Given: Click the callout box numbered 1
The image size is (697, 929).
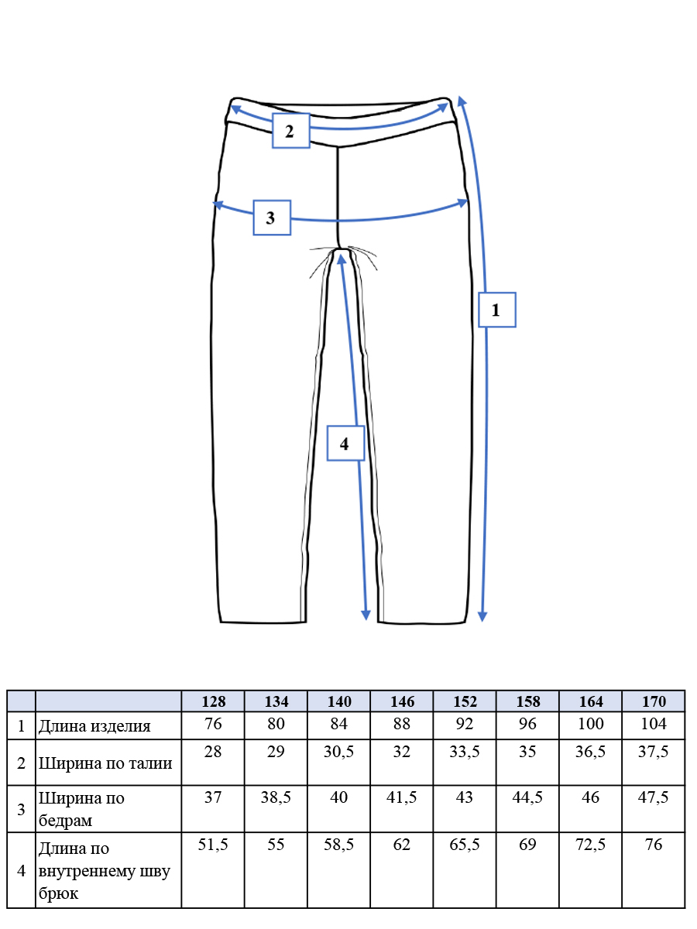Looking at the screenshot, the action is click(x=497, y=310).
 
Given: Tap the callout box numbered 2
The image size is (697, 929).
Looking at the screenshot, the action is click(x=290, y=131).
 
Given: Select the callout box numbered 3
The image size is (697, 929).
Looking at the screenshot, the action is click(x=272, y=218).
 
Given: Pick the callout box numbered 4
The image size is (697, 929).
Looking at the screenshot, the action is click(x=345, y=444).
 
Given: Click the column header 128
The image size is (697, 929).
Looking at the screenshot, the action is click(x=213, y=701).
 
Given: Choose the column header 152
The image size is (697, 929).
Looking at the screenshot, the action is click(x=465, y=701).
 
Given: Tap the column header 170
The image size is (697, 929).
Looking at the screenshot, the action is click(x=654, y=701).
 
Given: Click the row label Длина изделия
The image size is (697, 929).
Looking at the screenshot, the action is click(x=94, y=727).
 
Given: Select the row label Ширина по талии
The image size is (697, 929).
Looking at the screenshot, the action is click(x=105, y=763).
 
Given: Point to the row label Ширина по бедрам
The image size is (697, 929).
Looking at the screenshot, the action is click(x=81, y=809).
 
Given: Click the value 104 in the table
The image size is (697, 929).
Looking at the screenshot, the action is click(x=654, y=724).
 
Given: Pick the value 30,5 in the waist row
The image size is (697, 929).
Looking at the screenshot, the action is click(x=338, y=752).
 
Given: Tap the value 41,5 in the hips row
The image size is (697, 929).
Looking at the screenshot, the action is click(x=401, y=797).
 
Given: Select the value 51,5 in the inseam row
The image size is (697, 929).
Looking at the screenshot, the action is click(x=213, y=845).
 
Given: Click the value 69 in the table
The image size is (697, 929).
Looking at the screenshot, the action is click(x=527, y=845).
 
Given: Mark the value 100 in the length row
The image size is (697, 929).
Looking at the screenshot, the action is click(x=590, y=724).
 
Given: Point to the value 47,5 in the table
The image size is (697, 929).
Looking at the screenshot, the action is click(x=653, y=797).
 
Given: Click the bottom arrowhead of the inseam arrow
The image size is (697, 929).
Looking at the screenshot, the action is click(x=366, y=616).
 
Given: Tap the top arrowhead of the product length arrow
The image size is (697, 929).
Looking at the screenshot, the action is click(x=462, y=101).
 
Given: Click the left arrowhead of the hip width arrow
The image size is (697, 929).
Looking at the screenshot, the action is click(x=218, y=205).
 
